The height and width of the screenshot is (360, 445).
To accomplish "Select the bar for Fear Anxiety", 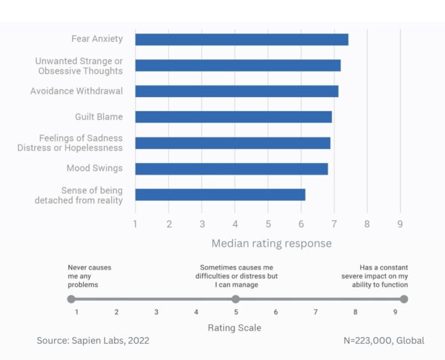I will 241,39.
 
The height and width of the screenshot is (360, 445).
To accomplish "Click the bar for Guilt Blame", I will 233,117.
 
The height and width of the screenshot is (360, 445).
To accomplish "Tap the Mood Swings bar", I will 231,169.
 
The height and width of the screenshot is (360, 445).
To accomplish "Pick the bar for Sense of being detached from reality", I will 220,195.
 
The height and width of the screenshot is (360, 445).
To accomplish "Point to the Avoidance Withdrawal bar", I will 237,91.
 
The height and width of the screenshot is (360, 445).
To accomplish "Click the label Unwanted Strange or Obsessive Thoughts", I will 79,65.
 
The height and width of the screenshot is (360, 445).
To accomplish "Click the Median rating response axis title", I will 272,243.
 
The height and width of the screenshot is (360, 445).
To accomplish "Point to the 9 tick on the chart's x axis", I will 400,224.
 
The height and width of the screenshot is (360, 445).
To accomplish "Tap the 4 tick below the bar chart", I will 235,224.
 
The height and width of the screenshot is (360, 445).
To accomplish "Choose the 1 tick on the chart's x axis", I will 136,224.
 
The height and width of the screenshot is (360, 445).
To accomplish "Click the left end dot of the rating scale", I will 71,299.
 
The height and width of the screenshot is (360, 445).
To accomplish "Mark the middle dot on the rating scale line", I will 235,299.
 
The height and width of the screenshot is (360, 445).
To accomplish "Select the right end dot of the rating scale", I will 404,299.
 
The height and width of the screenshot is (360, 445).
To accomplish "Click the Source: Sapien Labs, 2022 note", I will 92,341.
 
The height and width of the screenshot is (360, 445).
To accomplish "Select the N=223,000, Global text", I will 384,341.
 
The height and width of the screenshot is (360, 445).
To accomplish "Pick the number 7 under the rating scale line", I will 316,312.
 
